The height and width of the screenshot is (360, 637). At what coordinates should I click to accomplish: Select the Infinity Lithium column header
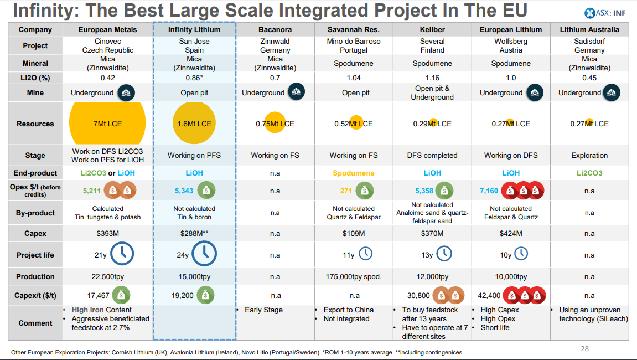click(x=194, y=29)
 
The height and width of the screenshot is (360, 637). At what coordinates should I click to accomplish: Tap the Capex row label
click(x=35, y=234)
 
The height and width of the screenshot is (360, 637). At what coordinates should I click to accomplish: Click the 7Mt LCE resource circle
click(x=107, y=124)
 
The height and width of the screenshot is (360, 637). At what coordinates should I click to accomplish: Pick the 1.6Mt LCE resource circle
click(x=194, y=124)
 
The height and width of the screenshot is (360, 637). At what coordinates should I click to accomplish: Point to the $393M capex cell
click(x=107, y=234)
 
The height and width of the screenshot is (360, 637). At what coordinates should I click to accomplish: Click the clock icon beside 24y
click(x=204, y=254)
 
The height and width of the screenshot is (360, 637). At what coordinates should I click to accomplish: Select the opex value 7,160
click(x=489, y=191)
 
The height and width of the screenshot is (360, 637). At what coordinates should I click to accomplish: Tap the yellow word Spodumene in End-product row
click(x=354, y=173)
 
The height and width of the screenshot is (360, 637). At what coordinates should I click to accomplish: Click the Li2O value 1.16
click(x=432, y=78)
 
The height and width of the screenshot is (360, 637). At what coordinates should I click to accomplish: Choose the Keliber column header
click(x=432, y=29)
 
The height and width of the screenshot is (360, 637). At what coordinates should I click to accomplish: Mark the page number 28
click(x=585, y=348)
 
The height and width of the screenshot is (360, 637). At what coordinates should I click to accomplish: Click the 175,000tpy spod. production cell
click(x=354, y=276)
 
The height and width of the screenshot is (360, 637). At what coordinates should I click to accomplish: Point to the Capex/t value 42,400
click(x=489, y=296)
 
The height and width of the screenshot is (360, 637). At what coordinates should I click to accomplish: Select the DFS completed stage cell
click(x=432, y=156)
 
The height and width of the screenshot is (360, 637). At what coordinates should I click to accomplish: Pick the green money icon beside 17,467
click(x=121, y=295)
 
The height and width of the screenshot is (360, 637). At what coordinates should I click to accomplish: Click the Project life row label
click(x=35, y=255)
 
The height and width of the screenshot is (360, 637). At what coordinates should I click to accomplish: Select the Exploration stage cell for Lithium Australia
click(x=589, y=156)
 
